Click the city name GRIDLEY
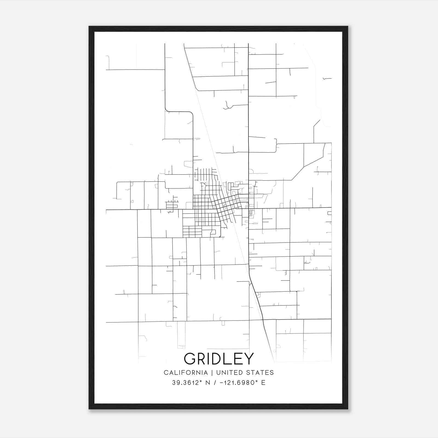[219, 359]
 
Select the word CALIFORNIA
[186, 373]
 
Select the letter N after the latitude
[208, 383]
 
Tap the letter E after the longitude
[263, 383]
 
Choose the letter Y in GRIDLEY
[249, 359]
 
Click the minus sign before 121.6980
[221, 383]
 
